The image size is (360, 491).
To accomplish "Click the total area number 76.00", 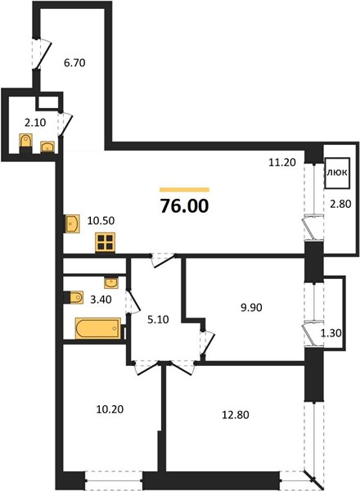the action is point(184,206).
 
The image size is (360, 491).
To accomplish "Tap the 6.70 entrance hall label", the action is point(74,63).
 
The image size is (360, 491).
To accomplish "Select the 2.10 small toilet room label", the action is point(35,123).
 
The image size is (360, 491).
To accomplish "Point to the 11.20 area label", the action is point(282,162).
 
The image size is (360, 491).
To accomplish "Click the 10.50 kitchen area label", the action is point(101,220).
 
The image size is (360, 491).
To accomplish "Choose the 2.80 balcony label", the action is point(340,204).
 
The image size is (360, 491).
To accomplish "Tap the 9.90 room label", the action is point(251,308).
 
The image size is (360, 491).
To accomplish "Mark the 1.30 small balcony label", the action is point(331,333).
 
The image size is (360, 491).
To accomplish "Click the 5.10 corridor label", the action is point(158,319).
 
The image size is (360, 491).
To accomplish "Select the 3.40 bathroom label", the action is point(101,300).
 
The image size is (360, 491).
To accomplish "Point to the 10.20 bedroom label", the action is point(110,409).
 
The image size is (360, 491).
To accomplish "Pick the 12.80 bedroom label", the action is point(236,415).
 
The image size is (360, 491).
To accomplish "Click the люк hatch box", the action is point(337,173).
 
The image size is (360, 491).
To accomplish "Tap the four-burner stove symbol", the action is point(106,242).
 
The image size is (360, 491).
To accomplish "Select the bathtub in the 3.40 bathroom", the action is point(98,328).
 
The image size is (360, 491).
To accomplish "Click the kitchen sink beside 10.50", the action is point(72,223).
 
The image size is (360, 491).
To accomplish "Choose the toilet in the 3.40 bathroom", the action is point(76,297).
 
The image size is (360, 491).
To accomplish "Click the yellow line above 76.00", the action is point(184,190).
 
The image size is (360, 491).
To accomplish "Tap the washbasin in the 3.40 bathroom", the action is point(111,283).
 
